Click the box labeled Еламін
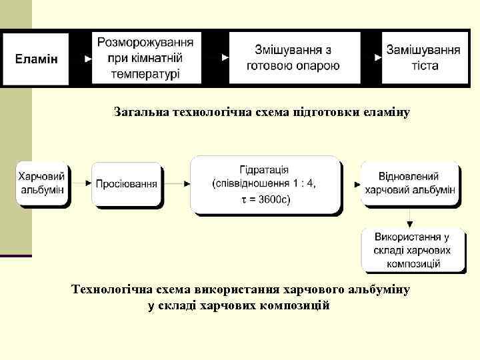pos(37,59)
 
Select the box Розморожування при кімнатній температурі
pos(147,59)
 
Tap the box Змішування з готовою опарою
pos(293,59)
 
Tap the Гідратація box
pos(265,184)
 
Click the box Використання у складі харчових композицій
pos(411,250)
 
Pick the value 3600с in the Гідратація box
pos(271,201)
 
